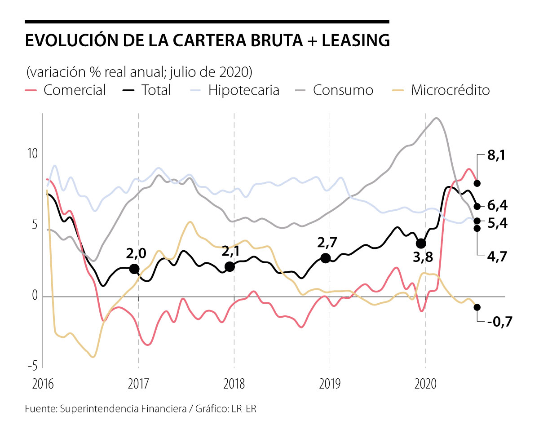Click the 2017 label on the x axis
click(x=138, y=384)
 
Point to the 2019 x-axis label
click(x=330, y=384)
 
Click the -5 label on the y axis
click(x=32, y=367)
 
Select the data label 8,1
click(x=497, y=156)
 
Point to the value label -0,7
click(x=499, y=322)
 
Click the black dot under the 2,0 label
click(x=134, y=269)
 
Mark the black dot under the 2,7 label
click(x=326, y=258)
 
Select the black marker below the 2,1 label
click(x=230, y=266)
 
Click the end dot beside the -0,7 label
click(x=477, y=307)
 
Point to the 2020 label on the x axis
click(x=425, y=384)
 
